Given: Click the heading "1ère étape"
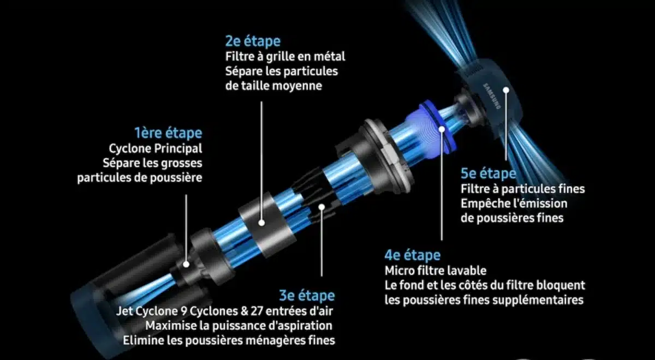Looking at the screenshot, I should (x=168, y=133).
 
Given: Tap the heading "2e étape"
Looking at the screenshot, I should (x=253, y=41).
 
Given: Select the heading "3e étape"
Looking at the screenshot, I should (x=307, y=296).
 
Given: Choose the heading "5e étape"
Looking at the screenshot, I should (x=488, y=174).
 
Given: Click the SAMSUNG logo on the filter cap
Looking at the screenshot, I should (x=491, y=97).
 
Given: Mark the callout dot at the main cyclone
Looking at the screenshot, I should (x=186, y=264).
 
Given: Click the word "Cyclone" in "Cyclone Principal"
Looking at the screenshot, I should (x=130, y=148).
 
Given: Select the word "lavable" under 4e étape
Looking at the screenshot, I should (x=468, y=271).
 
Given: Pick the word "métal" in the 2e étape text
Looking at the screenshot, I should (x=330, y=56).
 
